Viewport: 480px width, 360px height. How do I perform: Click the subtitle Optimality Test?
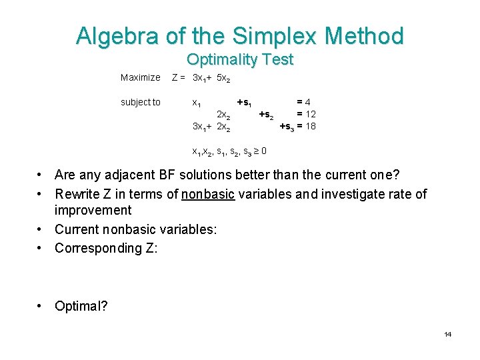(x=240, y=59)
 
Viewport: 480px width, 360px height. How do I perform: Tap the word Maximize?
(x=140, y=78)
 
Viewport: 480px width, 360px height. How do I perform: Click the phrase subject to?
(x=140, y=102)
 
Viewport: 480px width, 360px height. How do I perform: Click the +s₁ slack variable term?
(x=244, y=103)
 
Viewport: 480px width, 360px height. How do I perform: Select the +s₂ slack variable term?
(x=266, y=114)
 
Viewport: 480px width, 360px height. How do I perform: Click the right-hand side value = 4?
(x=303, y=102)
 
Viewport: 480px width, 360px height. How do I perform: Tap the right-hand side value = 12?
(x=306, y=114)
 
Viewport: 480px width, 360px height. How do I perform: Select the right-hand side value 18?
(x=311, y=126)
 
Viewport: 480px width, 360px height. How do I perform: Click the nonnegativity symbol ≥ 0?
(x=261, y=151)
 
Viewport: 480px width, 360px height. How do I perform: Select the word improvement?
(x=93, y=211)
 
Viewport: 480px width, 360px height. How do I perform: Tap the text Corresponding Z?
(x=106, y=248)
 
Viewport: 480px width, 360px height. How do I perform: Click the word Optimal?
(x=83, y=306)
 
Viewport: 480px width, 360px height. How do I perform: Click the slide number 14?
(x=448, y=334)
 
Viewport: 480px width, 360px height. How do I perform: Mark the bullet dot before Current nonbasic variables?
(x=41, y=230)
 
